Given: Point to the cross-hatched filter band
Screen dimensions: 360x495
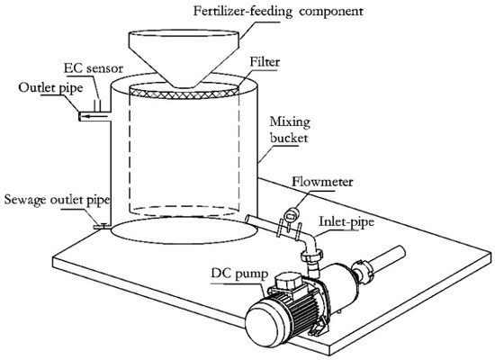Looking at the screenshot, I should [180, 91].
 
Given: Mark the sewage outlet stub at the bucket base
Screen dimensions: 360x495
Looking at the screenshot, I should [102, 227].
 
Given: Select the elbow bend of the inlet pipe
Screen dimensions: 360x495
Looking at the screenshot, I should [311, 243].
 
